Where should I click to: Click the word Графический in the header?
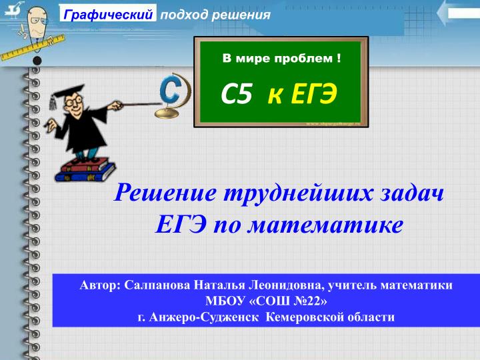coord(109,15)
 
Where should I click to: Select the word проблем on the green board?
coord(304,59)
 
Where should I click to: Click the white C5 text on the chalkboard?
coord(237,96)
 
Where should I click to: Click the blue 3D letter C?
coord(171,91)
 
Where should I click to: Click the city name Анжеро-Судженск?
coord(204,317)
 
